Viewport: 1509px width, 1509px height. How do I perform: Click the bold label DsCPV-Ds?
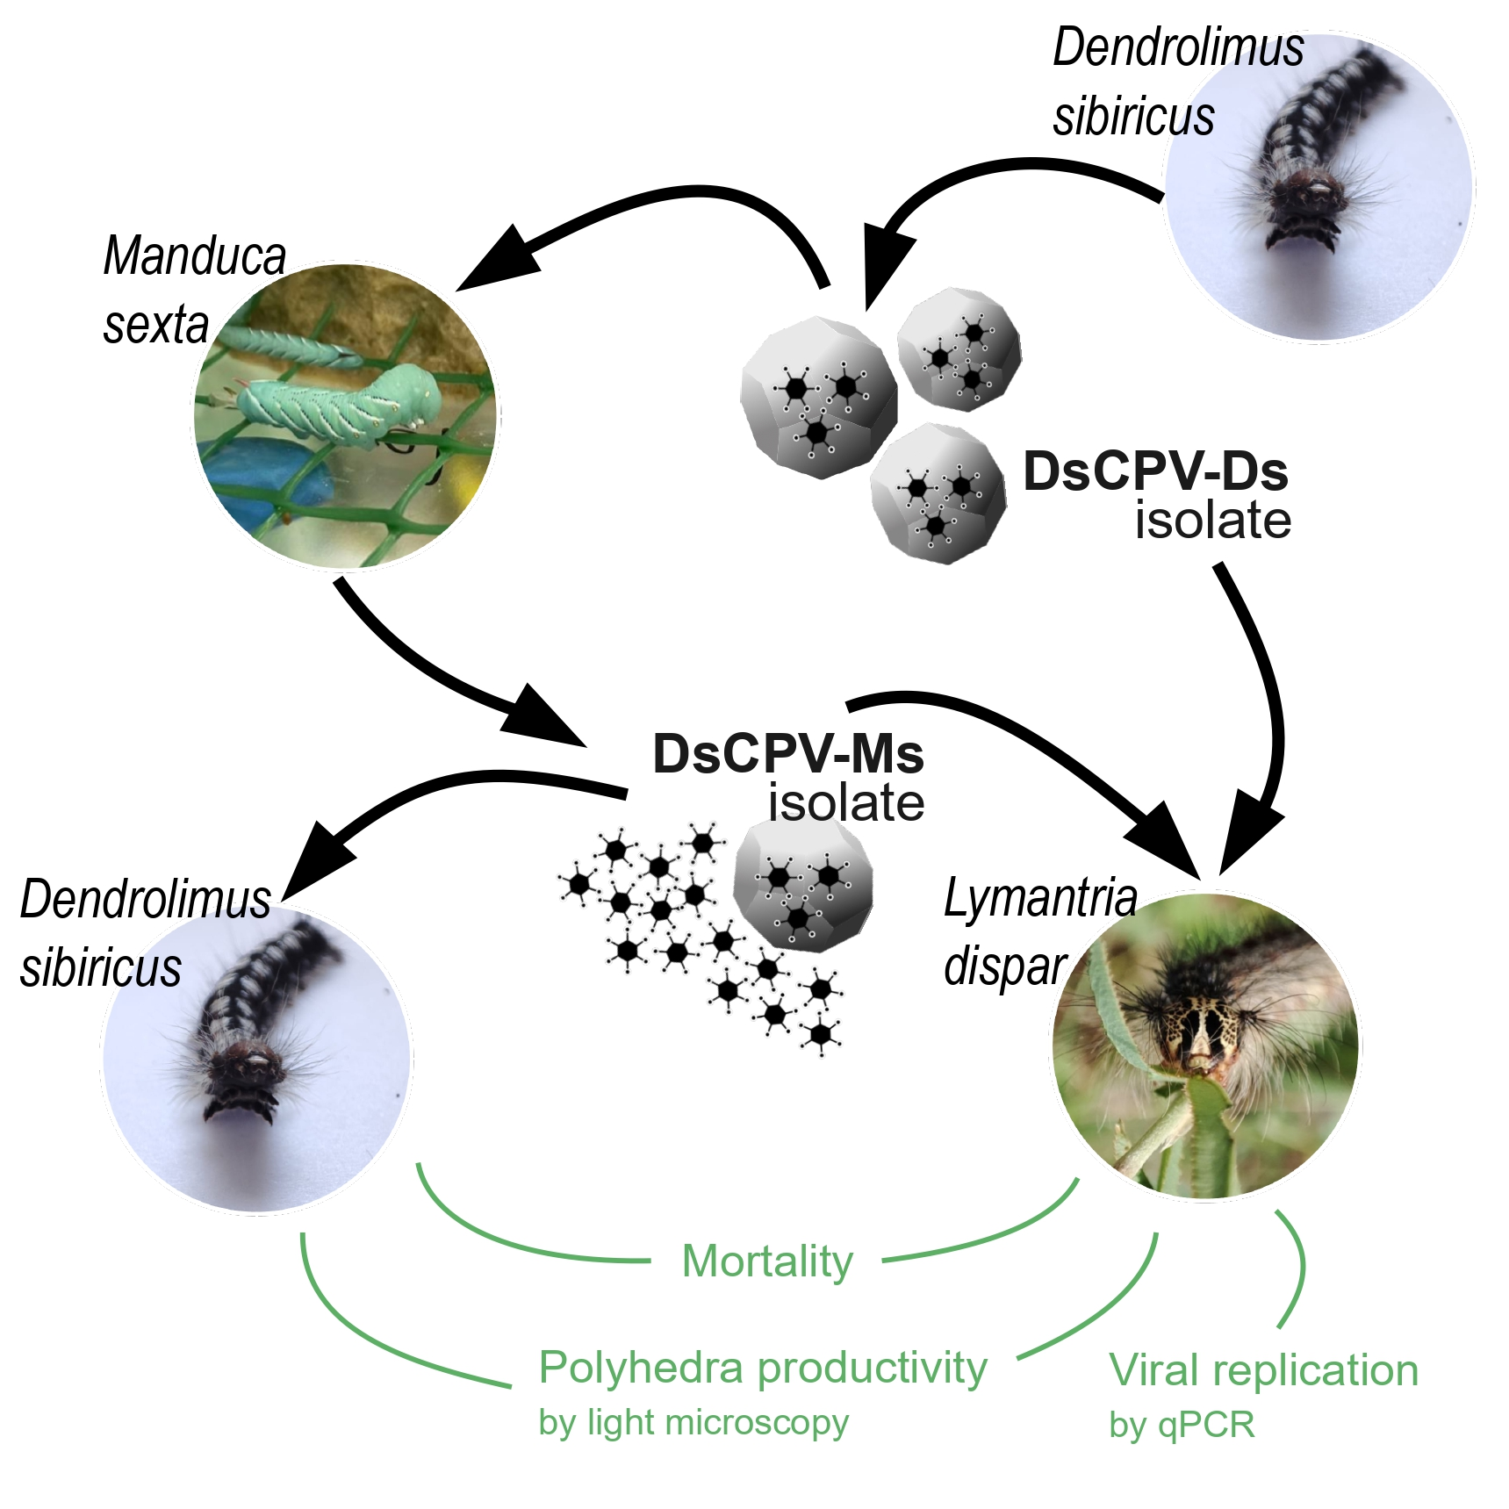[x=1155, y=471]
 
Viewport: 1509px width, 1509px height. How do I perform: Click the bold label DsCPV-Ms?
[x=787, y=754]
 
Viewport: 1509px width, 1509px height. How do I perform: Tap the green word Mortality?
[x=767, y=1261]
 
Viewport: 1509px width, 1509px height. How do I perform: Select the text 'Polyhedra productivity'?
[x=763, y=1368]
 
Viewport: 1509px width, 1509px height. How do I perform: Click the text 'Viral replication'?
[x=1263, y=1370]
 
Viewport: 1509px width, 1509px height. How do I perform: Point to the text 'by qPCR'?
[x=1182, y=1424]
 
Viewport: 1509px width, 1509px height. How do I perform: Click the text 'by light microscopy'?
[x=693, y=1422]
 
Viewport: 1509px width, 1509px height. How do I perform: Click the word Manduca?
[x=195, y=256]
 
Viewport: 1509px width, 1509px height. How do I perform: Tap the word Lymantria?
[x=1040, y=898]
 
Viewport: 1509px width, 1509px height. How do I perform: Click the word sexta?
[x=156, y=325]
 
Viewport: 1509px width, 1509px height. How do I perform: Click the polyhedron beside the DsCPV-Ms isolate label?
[x=802, y=886]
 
